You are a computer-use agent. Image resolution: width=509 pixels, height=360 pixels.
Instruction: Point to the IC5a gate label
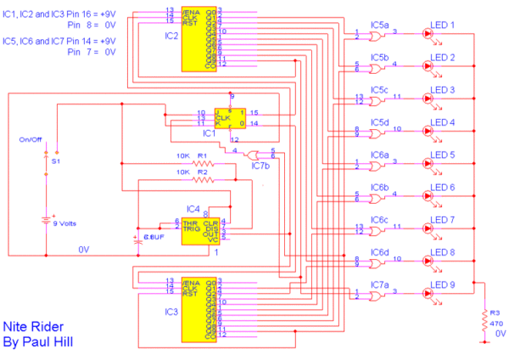coord(380,25)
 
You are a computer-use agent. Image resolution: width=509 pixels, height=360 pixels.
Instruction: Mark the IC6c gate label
coord(380,219)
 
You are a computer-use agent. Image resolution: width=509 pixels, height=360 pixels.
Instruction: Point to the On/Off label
coord(31,139)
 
